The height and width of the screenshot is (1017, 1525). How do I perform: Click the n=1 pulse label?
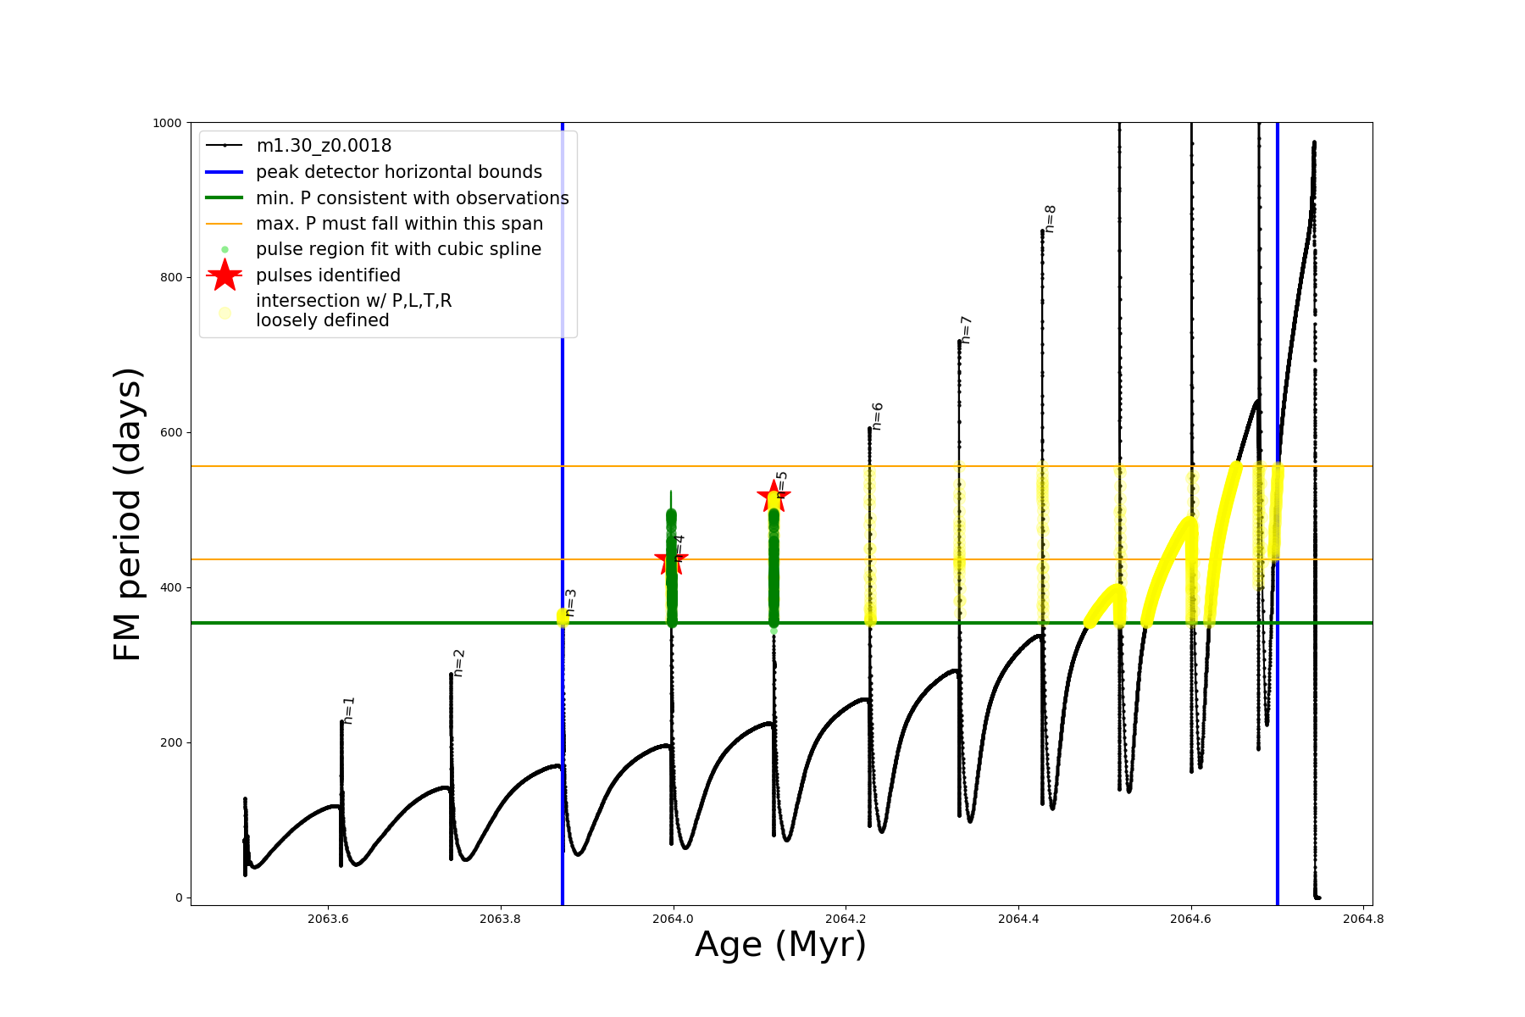(349, 710)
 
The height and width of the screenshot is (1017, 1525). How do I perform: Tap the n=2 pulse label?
(458, 663)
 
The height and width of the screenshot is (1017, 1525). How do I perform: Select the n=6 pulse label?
(878, 416)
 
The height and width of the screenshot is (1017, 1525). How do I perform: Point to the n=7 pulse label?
(966, 330)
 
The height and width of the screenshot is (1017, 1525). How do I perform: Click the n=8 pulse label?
(1050, 219)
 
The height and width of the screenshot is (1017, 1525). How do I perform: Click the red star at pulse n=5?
(774, 497)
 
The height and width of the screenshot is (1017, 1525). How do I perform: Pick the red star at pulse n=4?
(672, 559)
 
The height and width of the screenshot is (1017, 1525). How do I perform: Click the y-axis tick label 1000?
(167, 123)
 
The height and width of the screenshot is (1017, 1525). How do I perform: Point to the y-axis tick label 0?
(179, 898)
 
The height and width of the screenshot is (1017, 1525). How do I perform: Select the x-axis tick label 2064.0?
(673, 919)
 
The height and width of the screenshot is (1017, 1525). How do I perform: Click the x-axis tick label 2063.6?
(328, 919)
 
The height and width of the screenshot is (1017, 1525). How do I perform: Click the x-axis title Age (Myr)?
(780, 945)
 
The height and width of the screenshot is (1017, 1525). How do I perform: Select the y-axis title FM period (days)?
(127, 514)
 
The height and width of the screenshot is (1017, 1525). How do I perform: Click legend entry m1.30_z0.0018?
(324, 146)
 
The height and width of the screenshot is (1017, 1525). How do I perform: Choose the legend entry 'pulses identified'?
(328, 275)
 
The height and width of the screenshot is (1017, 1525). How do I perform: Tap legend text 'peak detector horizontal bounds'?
(398, 172)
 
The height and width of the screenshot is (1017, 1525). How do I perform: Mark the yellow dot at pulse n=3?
(563, 616)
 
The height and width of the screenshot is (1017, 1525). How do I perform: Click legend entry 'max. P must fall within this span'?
(399, 224)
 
